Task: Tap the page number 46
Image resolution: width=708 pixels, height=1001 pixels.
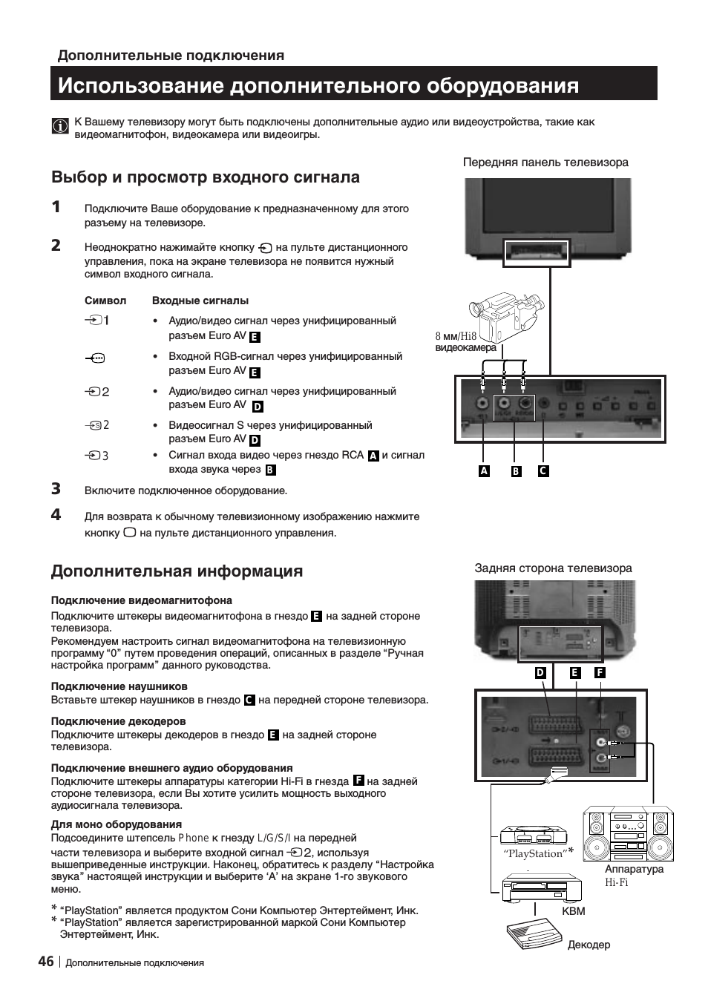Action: coord(45,961)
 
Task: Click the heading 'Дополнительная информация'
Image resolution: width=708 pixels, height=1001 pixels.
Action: coord(177,571)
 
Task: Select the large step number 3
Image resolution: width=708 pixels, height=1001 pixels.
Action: coord(56,488)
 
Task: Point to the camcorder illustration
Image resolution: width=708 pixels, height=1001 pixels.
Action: coord(506,315)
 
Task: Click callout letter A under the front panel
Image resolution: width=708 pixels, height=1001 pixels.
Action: coord(484,470)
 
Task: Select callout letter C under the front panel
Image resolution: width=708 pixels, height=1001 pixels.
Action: coord(543,470)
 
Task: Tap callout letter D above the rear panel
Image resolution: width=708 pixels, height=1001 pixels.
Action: coord(540,672)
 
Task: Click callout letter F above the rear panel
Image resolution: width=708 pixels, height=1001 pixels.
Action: coord(600,672)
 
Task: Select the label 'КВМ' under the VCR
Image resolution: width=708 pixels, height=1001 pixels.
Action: coord(574,911)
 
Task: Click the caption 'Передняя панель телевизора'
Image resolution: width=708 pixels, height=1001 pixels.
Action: coord(545,162)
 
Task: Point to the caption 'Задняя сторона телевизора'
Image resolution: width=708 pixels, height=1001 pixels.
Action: coord(553,568)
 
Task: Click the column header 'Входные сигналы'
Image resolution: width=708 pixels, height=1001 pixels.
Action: coord(200,301)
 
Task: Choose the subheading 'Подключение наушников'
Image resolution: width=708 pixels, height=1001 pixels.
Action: coord(119,686)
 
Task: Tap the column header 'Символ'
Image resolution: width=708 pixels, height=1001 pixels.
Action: coord(105,301)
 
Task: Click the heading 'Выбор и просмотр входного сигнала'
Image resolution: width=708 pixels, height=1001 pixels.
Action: coord(206,177)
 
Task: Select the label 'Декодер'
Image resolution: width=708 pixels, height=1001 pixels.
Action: coord(589,945)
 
